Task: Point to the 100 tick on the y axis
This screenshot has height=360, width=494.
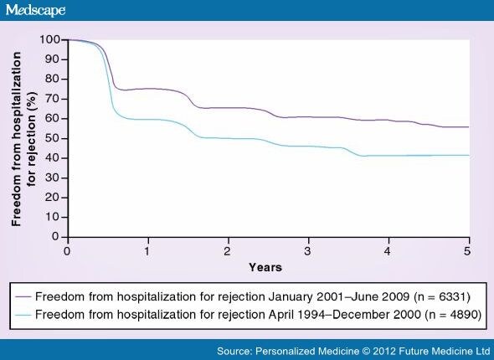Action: click(54, 39)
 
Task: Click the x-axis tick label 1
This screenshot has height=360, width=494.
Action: click(147, 250)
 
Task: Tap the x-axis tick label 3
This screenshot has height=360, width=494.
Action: click(307, 250)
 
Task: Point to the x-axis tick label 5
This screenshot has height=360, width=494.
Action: click(468, 250)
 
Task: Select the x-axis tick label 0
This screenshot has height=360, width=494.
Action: click(66, 250)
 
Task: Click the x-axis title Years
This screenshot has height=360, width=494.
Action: click(265, 267)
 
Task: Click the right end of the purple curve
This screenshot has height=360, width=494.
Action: click(468, 127)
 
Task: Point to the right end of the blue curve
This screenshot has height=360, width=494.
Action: click(468, 155)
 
